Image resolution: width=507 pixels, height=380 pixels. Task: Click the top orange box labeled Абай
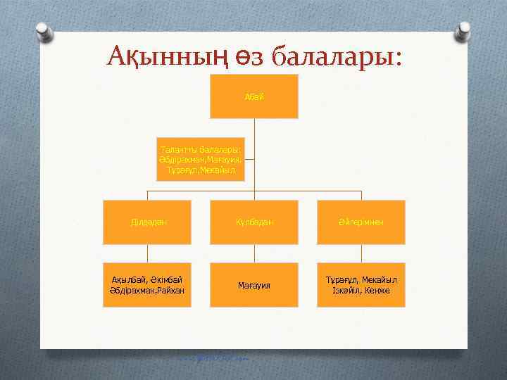254,96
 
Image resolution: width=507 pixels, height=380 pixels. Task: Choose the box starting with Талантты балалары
200,160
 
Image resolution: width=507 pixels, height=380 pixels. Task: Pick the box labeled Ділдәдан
147,222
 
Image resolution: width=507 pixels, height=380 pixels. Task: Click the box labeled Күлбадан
254,222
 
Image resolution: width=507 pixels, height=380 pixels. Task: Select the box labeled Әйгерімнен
361,222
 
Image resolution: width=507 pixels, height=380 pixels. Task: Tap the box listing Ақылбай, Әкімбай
147,285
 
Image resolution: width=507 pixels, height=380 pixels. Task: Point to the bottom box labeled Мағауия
254,285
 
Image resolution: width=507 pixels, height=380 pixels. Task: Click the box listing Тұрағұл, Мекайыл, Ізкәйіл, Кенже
361,285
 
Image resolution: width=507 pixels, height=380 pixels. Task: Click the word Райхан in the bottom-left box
170,291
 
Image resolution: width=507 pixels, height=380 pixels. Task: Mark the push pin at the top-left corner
42,30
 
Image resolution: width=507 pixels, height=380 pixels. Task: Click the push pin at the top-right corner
464,30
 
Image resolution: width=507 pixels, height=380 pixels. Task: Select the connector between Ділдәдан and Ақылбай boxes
147,254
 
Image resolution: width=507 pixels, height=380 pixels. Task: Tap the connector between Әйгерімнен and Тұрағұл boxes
361,254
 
